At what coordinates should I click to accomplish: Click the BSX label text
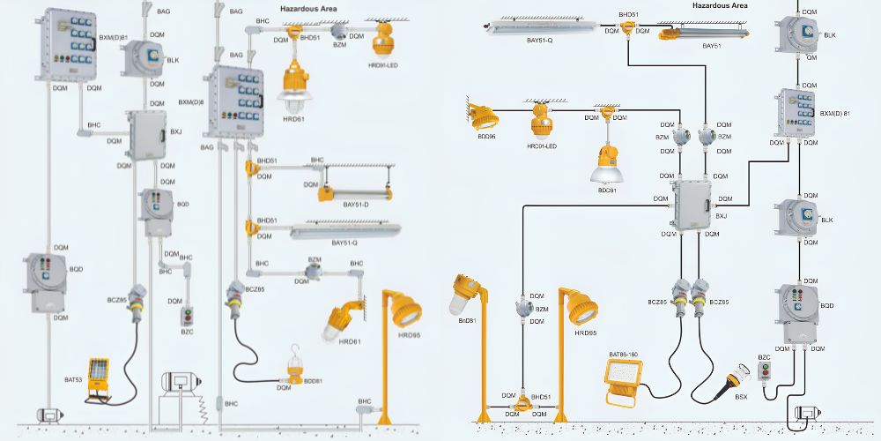pyautogui.click(x=742, y=398)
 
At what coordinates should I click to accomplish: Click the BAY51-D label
pyautogui.click(x=356, y=205)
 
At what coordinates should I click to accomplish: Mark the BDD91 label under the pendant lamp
pyautogui.click(x=607, y=190)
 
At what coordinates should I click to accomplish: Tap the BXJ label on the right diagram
pyautogui.click(x=721, y=215)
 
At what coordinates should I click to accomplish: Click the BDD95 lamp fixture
pyautogui.click(x=484, y=115)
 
